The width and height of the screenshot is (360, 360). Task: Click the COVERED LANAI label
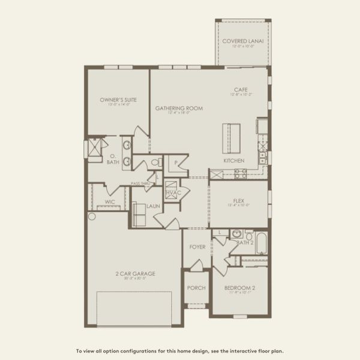(244, 41)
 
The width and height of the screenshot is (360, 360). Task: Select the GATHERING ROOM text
(179, 109)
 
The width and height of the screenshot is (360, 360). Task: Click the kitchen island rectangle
(232, 139)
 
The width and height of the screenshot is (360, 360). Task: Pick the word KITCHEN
(234, 161)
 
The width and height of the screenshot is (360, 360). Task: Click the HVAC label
(173, 192)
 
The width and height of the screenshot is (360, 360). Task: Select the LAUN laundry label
(153, 205)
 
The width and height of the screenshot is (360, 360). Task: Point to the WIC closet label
(110, 202)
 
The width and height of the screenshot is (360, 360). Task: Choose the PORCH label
(196, 288)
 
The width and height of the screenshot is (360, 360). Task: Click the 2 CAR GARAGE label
(135, 274)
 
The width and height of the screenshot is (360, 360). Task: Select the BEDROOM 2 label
(240, 288)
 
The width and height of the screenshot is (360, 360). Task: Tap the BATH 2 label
(245, 242)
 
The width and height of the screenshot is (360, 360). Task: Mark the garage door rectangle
(134, 308)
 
